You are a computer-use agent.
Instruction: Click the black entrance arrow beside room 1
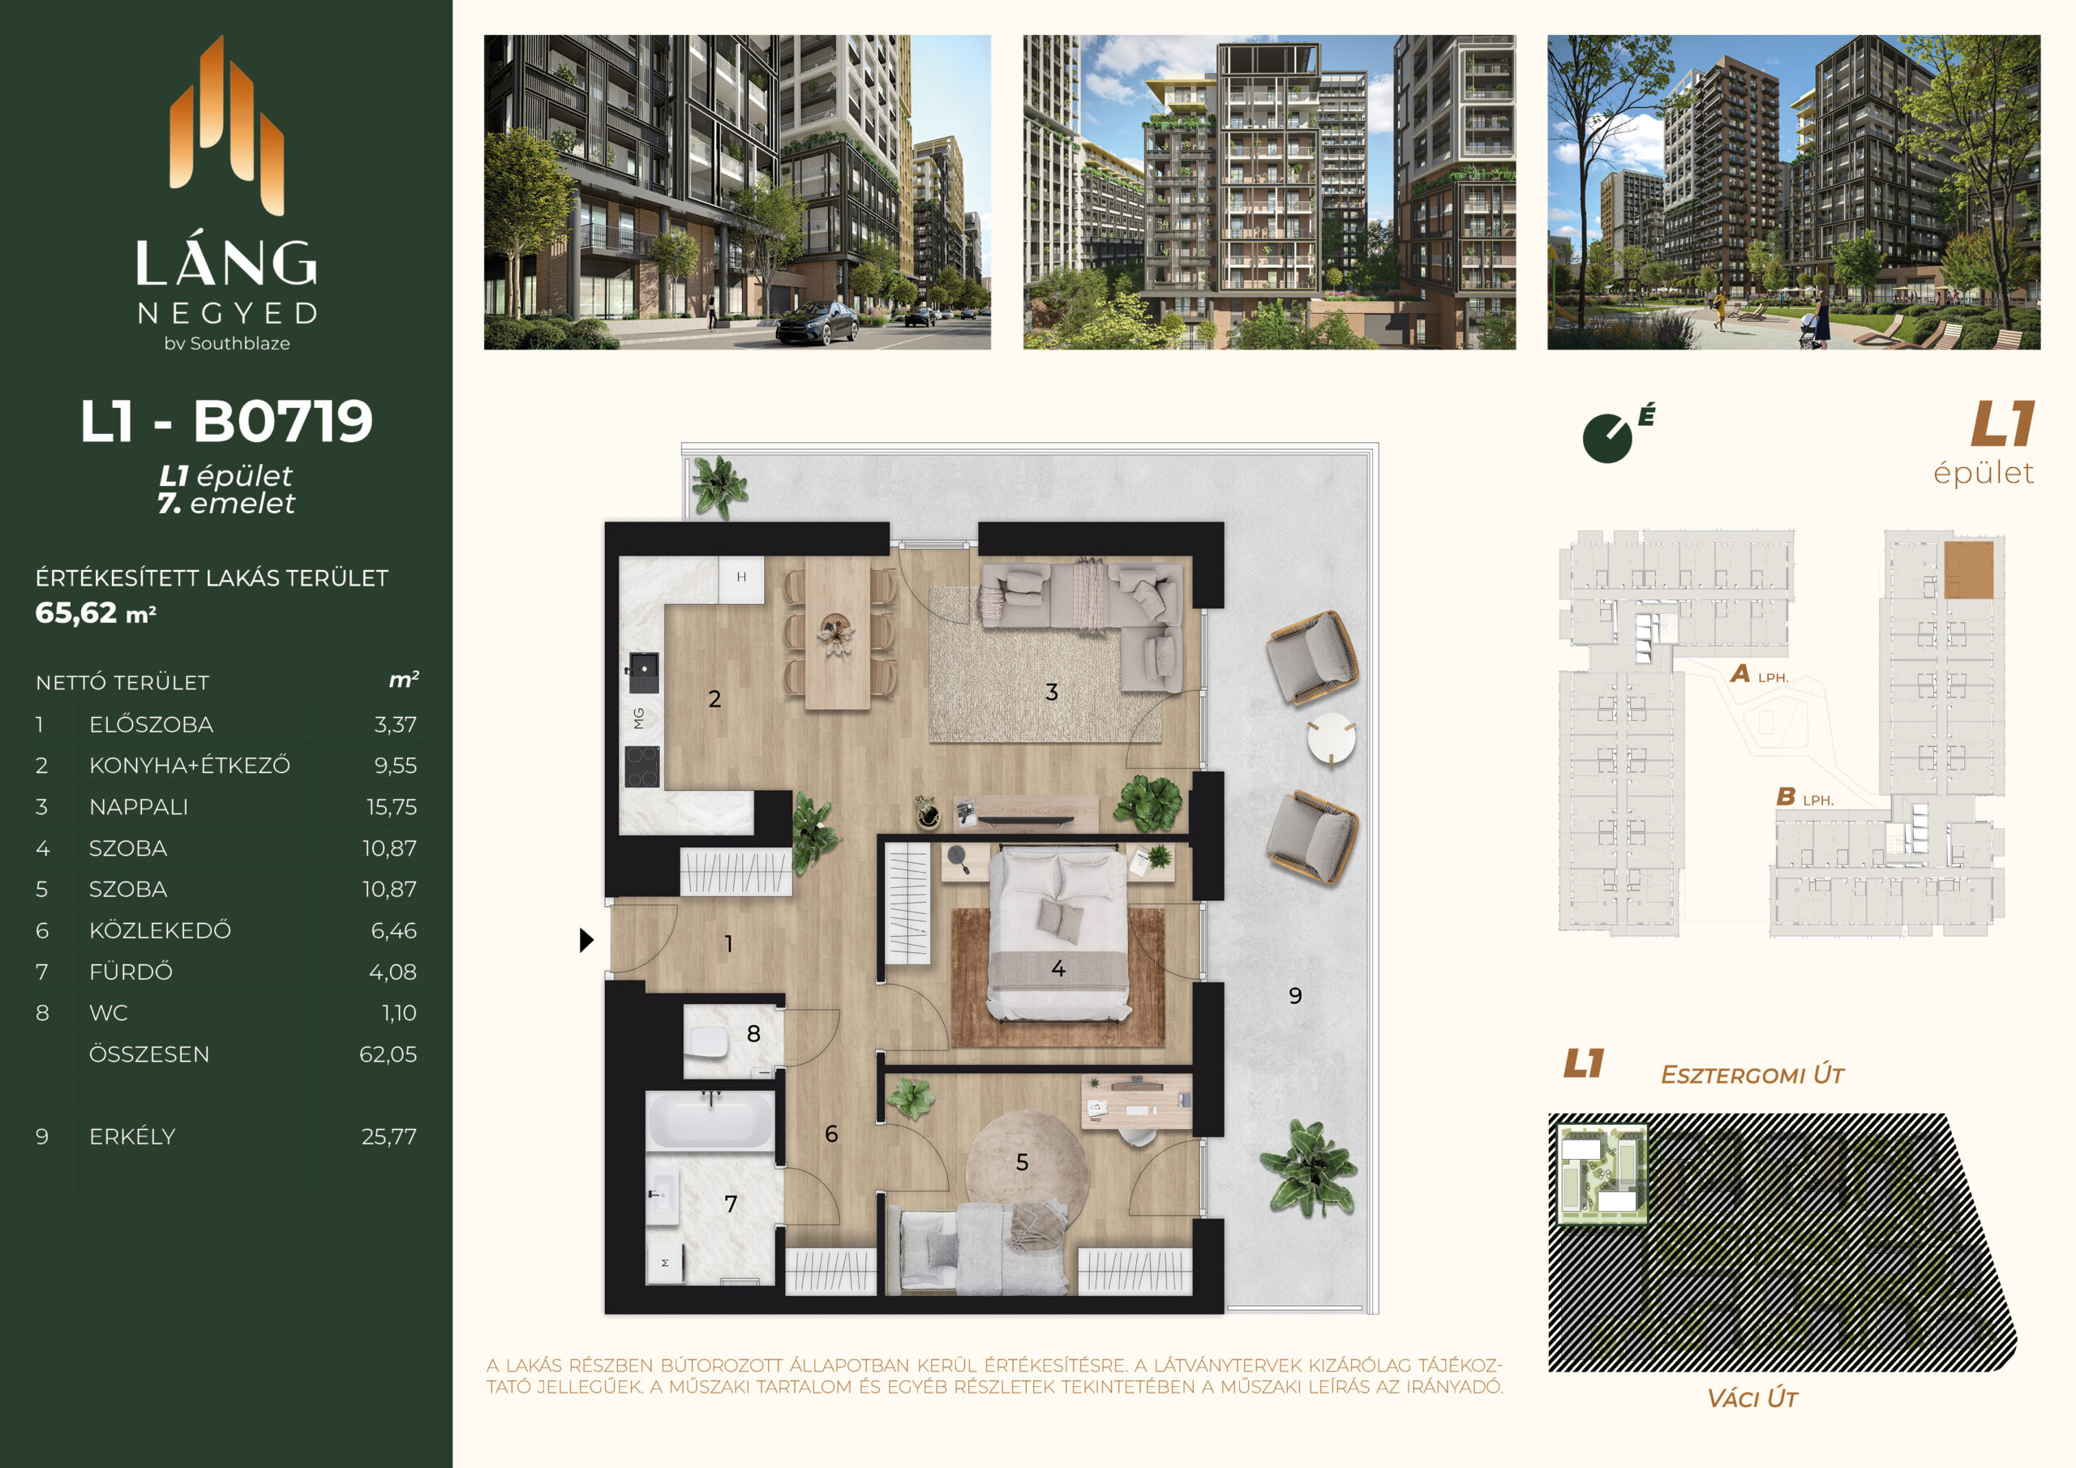pyautogui.click(x=586, y=941)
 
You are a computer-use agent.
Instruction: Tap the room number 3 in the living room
pyautogui.click(x=1052, y=693)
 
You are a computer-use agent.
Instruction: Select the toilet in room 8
pyautogui.click(x=707, y=1042)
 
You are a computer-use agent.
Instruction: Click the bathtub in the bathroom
pyautogui.click(x=710, y=1121)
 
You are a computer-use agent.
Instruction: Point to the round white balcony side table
pyautogui.click(x=1331, y=739)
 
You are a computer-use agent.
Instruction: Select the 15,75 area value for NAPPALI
pyautogui.click(x=392, y=807)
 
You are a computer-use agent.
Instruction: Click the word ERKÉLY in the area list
pyautogui.click(x=132, y=1136)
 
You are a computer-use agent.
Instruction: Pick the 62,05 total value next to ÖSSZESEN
pyautogui.click(x=388, y=1054)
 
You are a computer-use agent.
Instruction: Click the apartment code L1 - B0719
pyautogui.click(x=226, y=422)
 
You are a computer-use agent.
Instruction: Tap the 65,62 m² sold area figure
pyautogui.click(x=96, y=613)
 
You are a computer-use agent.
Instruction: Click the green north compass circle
pyautogui.click(x=1606, y=439)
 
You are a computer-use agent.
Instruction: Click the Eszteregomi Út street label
pyautogui.click(x=1752, y=1075)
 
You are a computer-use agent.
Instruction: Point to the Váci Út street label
pyautogui.click(x=1752, y=1398)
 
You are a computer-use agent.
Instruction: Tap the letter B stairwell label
pyautogui.click(x=1785, y=797)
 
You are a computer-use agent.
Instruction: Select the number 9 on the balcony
pyautogui.click(x=1295, y=996)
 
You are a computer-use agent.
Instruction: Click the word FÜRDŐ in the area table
pyautogui.click(x=131, y=972)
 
